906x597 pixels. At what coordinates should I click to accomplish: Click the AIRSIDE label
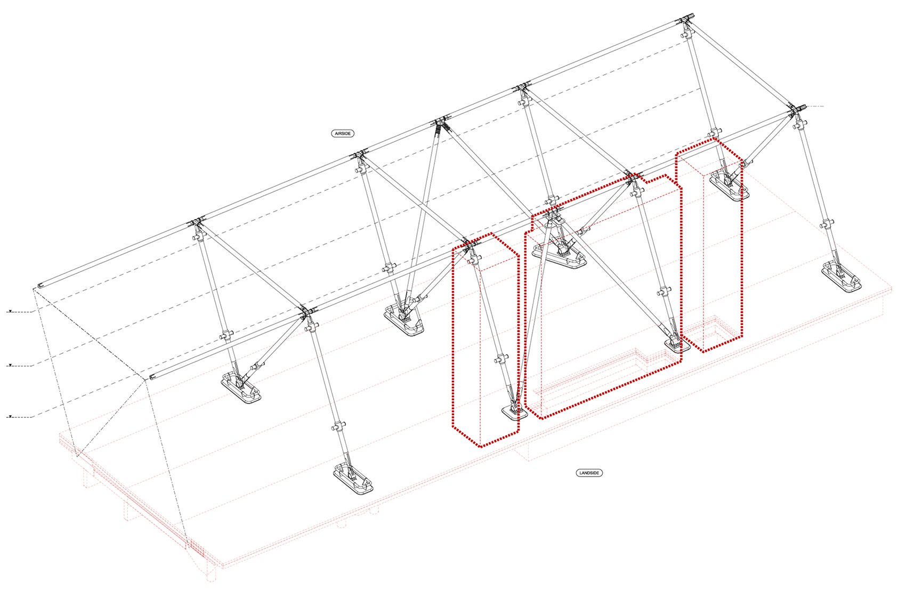[343, 133]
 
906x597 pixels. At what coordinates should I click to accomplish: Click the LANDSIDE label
[589, 473]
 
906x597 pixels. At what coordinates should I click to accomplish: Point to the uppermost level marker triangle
[11, 311]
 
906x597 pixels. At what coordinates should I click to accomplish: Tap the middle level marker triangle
[11, 365]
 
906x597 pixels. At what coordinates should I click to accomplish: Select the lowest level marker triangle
[11, 416]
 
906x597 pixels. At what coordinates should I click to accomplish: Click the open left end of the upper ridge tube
[39, 286]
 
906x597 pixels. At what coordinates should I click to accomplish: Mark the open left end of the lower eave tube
[152, 377]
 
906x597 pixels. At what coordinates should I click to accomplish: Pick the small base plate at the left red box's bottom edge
[515, 413]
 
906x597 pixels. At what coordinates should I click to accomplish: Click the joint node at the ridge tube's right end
[686, 19]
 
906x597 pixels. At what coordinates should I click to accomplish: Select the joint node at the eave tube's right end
[796, 109]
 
